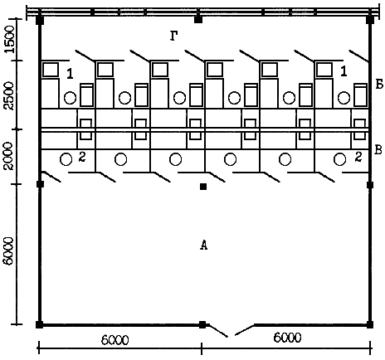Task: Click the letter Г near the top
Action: [173, 36]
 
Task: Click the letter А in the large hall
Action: [203, 245]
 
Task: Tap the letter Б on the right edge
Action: [379, 85]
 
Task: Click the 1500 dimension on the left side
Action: [10, 39]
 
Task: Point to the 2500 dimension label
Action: [10, 95]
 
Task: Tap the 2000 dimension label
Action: [10, 156]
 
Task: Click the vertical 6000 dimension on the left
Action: [10, 251]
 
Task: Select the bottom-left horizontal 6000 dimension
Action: [115, 340]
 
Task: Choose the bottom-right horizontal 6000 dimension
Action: [287, 338]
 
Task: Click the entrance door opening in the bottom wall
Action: [231, 330]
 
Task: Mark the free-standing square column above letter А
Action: [203, 187]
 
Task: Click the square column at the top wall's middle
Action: [198, 20]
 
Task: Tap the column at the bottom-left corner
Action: [40, 324]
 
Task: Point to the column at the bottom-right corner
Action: [370, 324]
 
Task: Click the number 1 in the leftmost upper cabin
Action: [71, 74]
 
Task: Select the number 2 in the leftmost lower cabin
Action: [82, 157]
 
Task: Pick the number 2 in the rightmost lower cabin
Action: [358, 157]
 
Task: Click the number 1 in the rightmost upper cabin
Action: [344, 71]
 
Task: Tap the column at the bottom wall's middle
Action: [202, 324]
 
